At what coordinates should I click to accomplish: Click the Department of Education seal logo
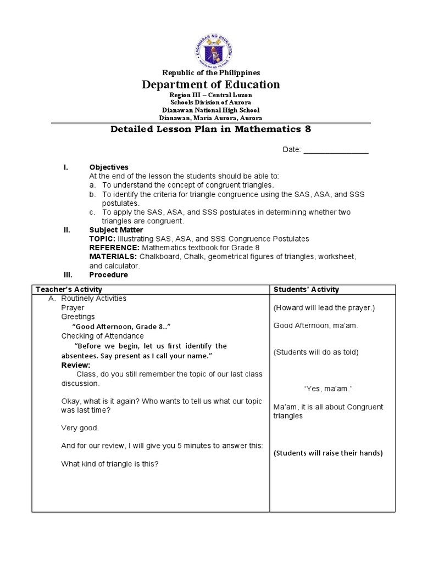211,43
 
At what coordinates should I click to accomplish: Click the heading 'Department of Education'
211,85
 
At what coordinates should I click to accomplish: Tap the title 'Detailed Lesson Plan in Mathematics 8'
211,129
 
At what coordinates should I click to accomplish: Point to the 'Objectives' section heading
109,167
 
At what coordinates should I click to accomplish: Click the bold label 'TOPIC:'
102,239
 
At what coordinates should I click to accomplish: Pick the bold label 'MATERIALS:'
113,257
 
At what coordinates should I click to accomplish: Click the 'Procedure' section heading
108,275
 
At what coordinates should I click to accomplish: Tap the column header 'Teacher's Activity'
69,289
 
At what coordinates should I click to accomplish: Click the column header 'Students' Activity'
306,289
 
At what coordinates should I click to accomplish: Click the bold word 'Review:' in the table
76,365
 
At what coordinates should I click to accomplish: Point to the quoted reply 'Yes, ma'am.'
327,389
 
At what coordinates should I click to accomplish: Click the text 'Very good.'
80,428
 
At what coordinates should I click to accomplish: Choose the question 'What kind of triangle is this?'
110,464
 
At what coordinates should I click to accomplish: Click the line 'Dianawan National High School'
211,110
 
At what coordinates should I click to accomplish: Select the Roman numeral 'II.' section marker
68,230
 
